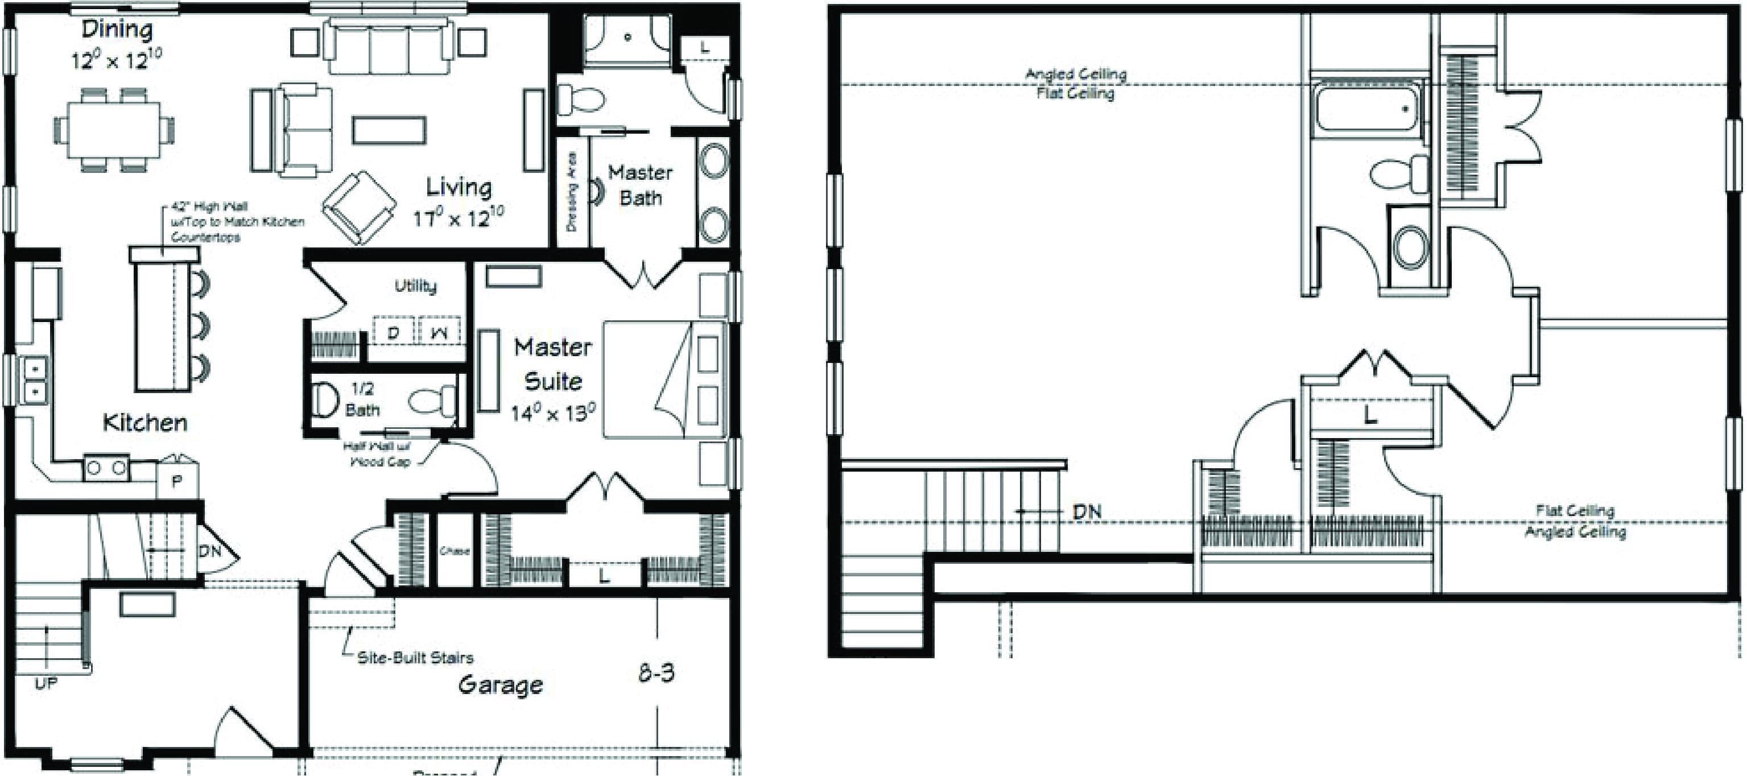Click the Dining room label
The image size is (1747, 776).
pyautogui.click(x=117, y=30)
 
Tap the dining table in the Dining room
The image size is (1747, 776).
pyautogui.click(x=113, y=129)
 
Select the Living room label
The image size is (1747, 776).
pyautogui.click(x=459, y=187)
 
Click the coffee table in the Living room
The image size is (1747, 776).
pyautogui.click(x=389, y=130)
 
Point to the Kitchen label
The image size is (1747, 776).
pyautogui.click(x=144, y=423)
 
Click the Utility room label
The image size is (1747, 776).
pyautogui.click(x=415, y=286)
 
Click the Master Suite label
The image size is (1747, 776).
pyautogui.click(x=553, y=364)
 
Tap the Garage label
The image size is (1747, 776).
pyautogui.click(x=501, y=684)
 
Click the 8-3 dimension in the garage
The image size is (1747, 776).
pyautogui.click(x=656, y=673)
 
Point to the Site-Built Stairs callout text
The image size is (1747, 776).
pyautogui.click(x=415, y=657)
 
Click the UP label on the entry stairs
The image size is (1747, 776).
pyautogui.click(x=46, y=683)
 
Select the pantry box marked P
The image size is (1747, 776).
pyautogui.click(x=177, y=481)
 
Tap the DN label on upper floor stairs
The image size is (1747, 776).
pyautogui.click(x=1087, y=511)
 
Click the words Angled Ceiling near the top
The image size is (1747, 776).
pyautogui.click(x=1076, y=74)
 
